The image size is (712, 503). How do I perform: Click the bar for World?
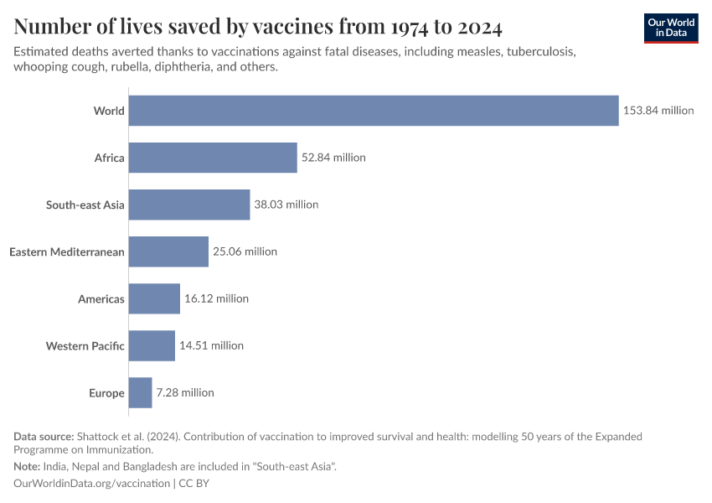373,111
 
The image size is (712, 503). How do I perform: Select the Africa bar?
213,158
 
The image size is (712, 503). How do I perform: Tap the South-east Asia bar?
189,205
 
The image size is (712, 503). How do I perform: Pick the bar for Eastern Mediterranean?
168,251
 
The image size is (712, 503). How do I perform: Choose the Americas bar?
154,298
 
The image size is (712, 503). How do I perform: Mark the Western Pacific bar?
152,345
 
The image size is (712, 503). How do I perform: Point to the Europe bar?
140,392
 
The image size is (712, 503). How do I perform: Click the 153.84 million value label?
658,111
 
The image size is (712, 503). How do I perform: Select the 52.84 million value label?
333,158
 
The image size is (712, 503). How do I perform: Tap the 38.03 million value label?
286,205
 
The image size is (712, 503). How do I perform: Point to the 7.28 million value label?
185,392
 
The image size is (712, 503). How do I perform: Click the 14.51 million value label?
211,345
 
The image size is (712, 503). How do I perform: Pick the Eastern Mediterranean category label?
67,251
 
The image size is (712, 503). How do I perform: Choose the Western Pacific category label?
85,345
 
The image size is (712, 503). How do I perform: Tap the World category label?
109,111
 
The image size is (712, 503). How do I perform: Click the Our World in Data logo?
670,29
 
